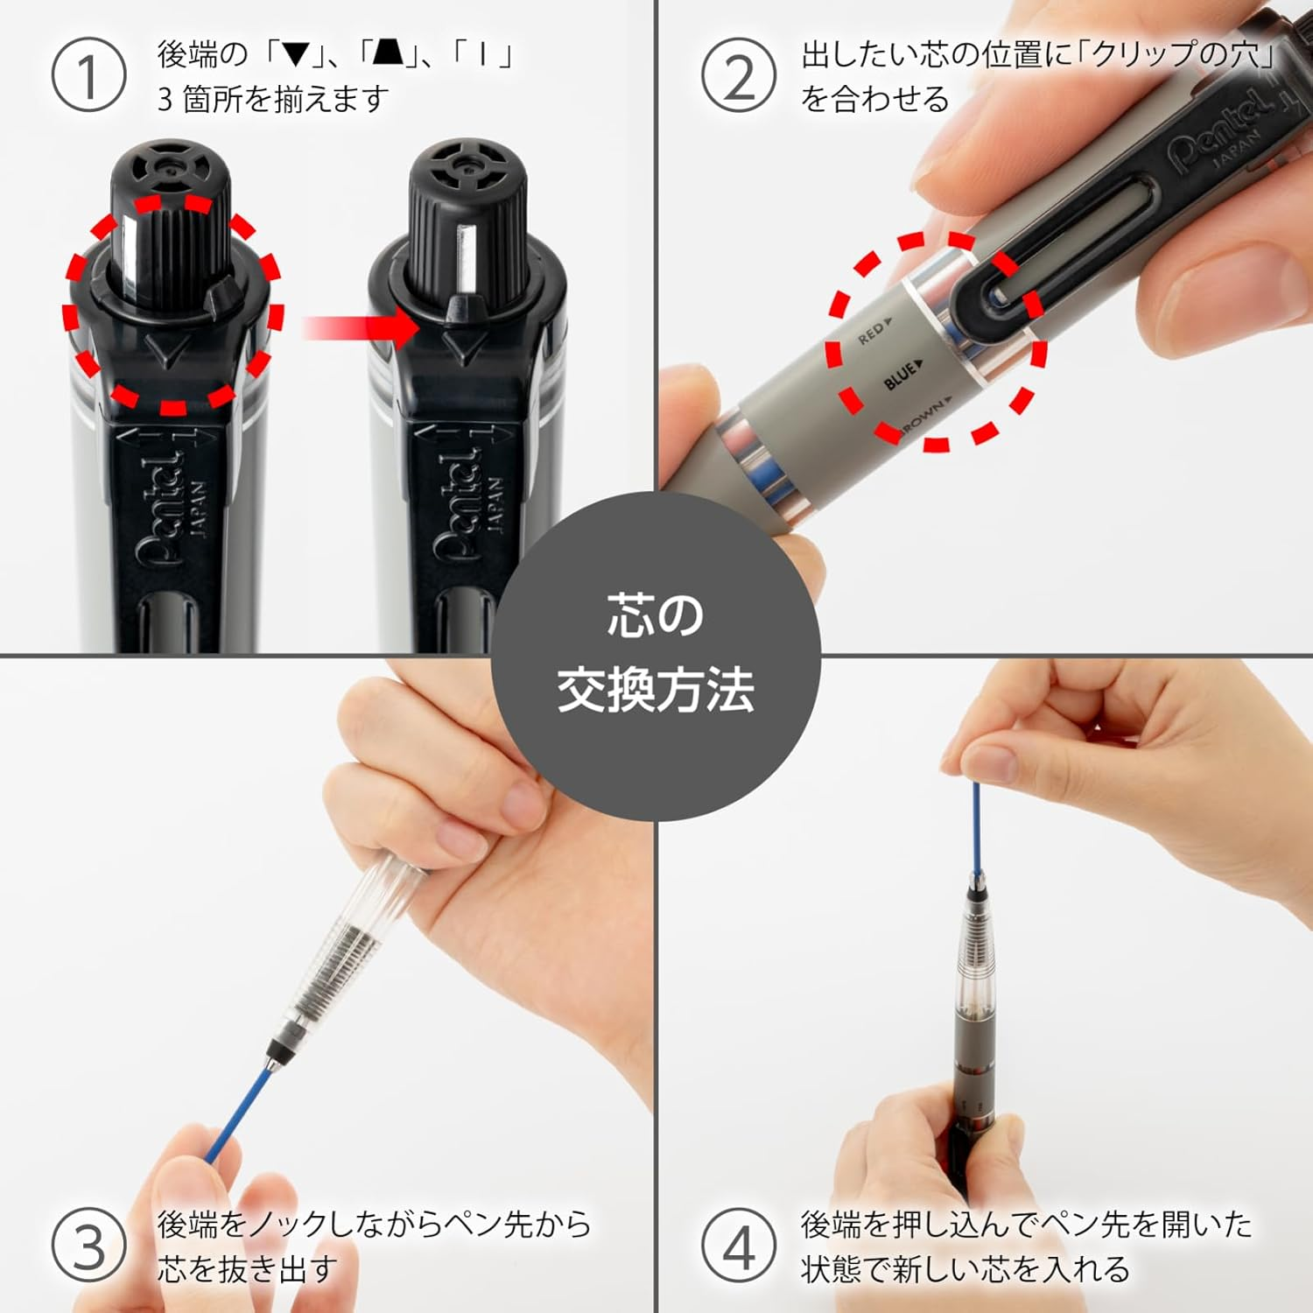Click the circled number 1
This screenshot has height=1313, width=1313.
tap(88, 77)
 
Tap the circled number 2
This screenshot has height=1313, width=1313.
tap(738, 77)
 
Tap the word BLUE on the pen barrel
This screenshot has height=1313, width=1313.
tap(902, 375)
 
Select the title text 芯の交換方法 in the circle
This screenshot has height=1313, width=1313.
tap(656, 654)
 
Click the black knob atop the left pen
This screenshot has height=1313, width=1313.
tap(171, 219)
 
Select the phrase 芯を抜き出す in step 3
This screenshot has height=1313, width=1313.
tap(248, 1268)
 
